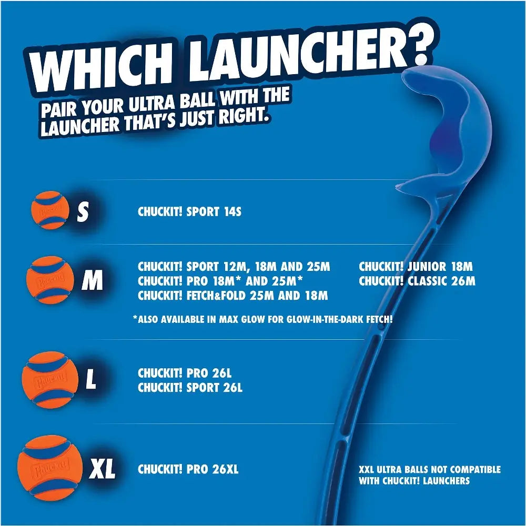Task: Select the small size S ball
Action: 50,210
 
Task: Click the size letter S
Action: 83,213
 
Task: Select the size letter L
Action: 91,380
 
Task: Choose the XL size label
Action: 102,469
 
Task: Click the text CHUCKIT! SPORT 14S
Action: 189,212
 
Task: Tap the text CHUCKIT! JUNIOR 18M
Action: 416,267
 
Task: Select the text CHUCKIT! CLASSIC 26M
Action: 417,281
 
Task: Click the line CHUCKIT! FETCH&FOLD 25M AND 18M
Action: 232,296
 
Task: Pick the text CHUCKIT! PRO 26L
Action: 184,373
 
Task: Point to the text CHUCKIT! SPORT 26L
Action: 190,388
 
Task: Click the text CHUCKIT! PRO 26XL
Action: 188,469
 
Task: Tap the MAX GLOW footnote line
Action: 263,319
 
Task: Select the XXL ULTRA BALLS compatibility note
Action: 429,475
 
